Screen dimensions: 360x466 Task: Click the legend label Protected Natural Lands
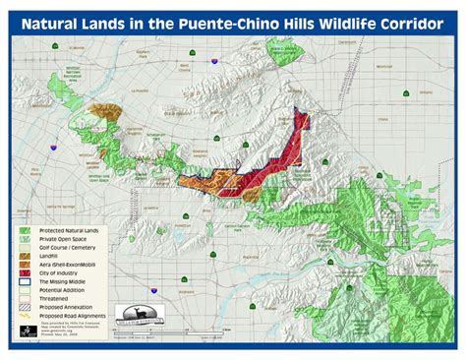pyautogui.click(x=68, y=229)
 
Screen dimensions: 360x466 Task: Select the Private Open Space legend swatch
pyautogui.click(x=24, y=238)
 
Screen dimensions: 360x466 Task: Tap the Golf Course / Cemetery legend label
pyautogui.click(x=67, y=247)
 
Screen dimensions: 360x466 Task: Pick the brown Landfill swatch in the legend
pyautogui.click(x=24, y=256)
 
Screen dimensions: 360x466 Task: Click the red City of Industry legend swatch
pyautogui.click(x=24, y=273)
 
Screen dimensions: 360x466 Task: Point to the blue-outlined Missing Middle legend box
pyautogui.click(x=24, y=282)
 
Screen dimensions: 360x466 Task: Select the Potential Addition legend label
pyautogui.click(x=61, y=291)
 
